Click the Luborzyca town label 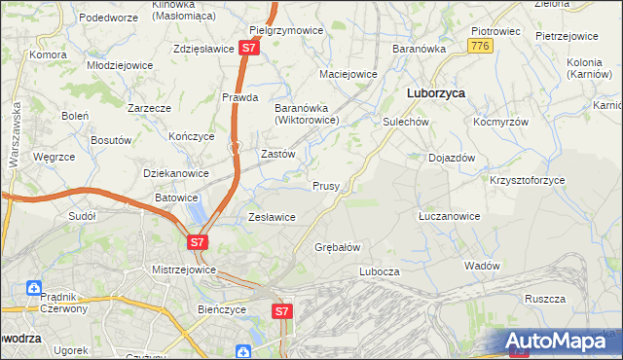434,92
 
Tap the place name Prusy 326,186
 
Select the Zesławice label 273,217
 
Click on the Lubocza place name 380,271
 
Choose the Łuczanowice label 449,216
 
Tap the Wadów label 482,266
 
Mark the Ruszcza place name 545,300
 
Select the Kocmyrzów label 500,123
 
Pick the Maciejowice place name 348,74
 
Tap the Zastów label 278,154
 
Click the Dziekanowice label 176,173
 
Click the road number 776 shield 478,46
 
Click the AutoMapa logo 560,341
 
